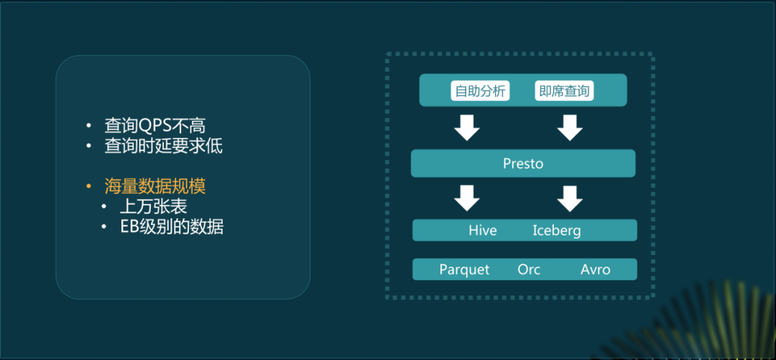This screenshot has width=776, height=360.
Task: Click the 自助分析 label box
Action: [x=481, y=91]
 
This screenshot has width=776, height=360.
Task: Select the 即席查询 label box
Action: [x=564, y=91]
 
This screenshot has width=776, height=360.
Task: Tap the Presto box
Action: [x=523, y=163]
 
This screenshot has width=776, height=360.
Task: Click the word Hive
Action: [x=482, y=231]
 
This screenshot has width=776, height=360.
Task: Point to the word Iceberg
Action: [x=556, y=231]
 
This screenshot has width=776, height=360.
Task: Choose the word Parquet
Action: [x=464, y=269]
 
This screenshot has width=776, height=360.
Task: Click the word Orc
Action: [x=529, y=269]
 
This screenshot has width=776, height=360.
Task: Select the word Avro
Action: [x=595, y=269]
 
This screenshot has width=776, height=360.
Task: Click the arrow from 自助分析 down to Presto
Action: [x=467, y=127]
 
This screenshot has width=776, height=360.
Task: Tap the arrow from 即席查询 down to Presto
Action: [x=570, y=127]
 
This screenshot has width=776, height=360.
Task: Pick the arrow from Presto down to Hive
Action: [x=467, y=198]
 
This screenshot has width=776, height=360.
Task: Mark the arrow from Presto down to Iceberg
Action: [x=570, y=198]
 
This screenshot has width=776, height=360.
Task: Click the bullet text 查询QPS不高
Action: [x=160, y=125]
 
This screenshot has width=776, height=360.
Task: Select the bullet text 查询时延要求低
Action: [x=164, y=146]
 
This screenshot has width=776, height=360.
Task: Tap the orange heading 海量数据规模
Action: [x=155, y=186]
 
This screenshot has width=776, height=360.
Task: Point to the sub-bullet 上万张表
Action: [x=154, y=207]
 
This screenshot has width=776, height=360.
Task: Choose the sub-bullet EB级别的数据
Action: [x=172, y=227]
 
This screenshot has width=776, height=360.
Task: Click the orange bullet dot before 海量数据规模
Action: [x=88, y=187]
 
